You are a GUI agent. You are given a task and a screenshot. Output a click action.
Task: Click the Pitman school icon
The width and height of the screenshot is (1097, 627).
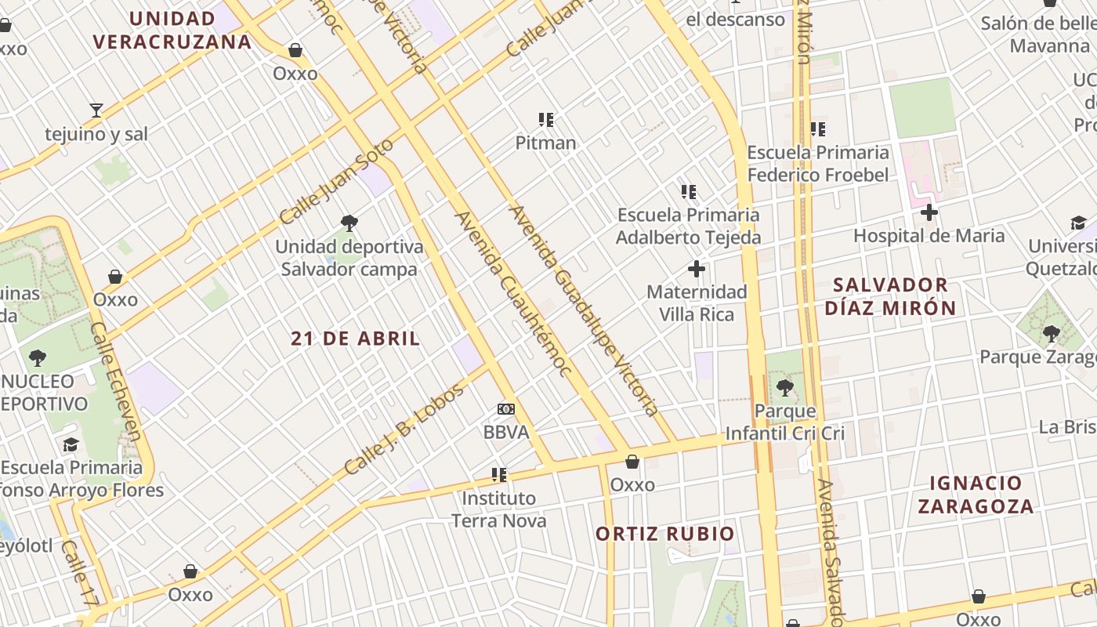click(x=546, y=120)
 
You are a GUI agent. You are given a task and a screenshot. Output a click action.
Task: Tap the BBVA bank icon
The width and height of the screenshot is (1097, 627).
click(x=506, y=409)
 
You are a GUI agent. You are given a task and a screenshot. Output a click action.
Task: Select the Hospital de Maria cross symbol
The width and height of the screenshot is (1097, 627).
click(x=929, y=212)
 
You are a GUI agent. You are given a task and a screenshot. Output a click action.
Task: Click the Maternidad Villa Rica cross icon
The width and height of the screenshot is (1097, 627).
click(x=696, y=270)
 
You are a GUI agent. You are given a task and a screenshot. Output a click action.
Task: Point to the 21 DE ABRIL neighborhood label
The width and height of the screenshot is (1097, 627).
click(x=355, y=339)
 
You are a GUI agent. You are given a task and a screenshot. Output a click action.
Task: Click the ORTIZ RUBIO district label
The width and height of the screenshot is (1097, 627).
click(x=665, y=534)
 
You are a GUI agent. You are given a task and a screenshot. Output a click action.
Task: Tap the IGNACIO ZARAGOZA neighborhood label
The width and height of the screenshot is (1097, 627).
click(x=976, y=495)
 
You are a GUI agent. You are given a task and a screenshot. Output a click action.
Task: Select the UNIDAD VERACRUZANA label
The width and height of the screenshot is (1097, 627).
click(x=172, y=30)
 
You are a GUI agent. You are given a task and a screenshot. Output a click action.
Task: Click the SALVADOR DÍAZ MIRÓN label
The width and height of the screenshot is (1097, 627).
click(x=890, y=296)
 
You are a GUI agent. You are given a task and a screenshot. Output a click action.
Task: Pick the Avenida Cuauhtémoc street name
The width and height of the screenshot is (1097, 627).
click(x=513, y=294)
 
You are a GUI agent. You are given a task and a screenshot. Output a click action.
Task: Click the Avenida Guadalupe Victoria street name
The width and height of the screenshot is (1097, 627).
click(x=583, y=310)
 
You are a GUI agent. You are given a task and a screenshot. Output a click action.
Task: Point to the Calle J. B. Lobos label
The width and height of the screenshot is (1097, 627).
click(x=404, y=429)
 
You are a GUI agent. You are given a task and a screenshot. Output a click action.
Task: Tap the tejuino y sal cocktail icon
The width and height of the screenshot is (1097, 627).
click(x=96, y=111)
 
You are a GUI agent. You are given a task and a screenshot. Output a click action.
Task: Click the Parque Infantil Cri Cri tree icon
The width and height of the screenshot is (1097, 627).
click(x=784, y=387)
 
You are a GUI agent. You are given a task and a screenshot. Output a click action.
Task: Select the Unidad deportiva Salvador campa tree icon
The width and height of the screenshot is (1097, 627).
click(x=349, y=223)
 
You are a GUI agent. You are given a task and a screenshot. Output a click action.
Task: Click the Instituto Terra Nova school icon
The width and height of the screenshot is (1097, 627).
click(x=498, y=475)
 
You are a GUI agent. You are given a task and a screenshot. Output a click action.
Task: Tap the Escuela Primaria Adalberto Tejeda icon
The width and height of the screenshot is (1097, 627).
click(x=689, y=192)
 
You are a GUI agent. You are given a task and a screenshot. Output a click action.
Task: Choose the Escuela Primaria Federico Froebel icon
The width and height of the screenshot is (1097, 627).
click(x=818, y=129)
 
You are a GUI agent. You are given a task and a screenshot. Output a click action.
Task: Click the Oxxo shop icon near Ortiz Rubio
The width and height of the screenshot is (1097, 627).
click(x=632, y=462)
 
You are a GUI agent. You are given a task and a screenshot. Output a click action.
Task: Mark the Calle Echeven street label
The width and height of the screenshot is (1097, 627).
click(x=115, y=382)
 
